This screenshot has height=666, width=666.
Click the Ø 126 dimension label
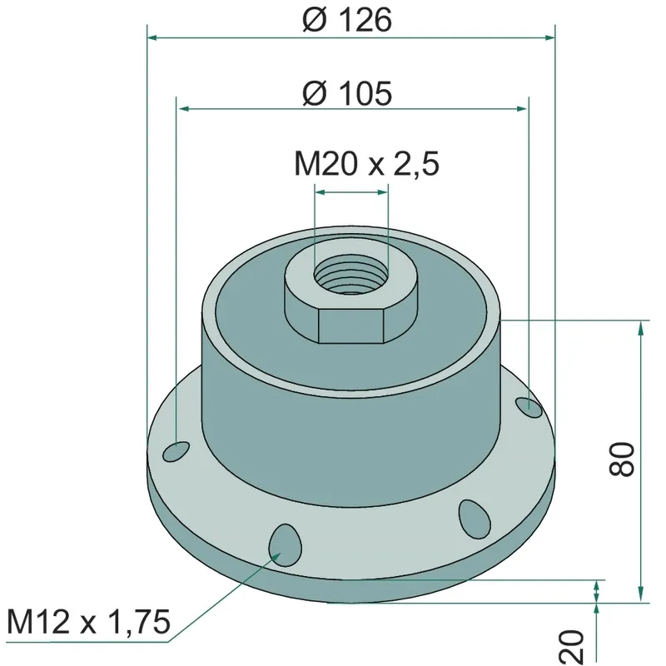tap(347, 20)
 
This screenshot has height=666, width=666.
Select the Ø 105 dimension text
tap(347, 93)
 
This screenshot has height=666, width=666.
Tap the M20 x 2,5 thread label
tap(366, 164)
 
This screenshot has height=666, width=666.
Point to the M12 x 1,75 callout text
tap(89, 622)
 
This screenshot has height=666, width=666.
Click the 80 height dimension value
tap(622, 459)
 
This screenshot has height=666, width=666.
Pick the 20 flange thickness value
tap(572, 648)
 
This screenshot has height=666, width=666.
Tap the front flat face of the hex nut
tap(350, 326)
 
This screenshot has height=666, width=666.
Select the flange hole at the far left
tap(176, 451)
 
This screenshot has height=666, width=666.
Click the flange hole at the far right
tap(529, 407)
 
